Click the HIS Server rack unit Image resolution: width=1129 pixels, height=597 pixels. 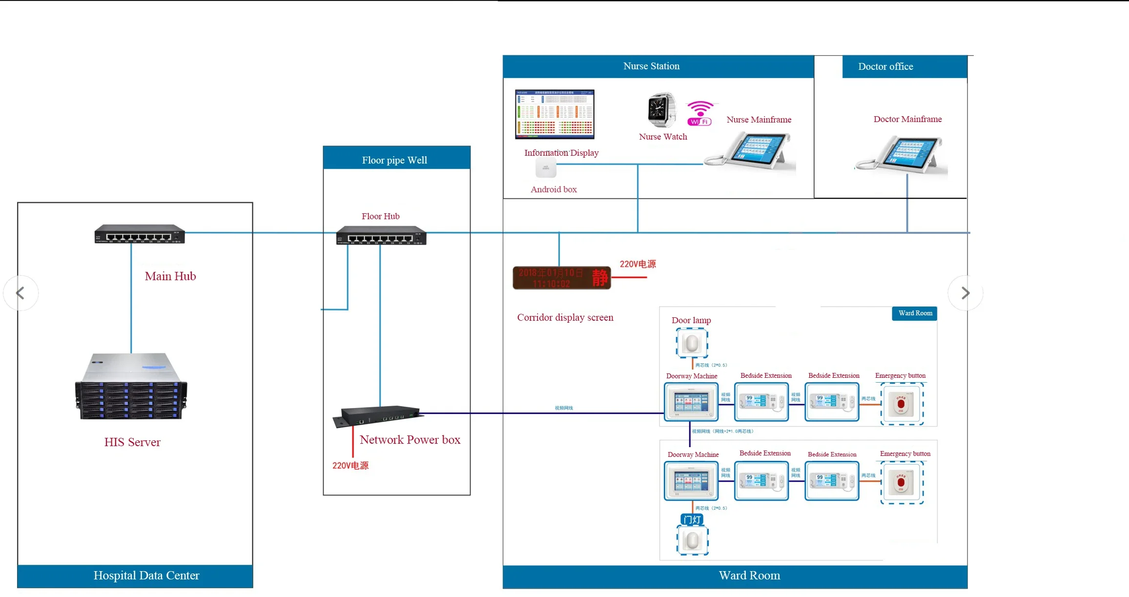(131, 387)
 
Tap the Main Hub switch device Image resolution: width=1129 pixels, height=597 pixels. (140, 234)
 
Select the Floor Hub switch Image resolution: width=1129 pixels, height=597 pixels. (381, 235)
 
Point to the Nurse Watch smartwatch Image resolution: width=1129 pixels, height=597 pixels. (661, 110)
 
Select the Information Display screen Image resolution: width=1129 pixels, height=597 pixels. (555, 114)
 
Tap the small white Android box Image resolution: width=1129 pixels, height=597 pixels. (546, 168)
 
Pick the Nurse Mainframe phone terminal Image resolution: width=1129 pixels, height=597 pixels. (752, 151)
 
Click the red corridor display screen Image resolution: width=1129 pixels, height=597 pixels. (561, 278)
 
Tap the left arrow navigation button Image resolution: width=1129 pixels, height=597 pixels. (21, 293)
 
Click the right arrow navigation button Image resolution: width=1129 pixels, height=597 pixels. (965, 293)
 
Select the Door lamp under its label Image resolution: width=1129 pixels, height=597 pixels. (692, 343)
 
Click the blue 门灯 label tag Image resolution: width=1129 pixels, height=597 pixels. (692, 519)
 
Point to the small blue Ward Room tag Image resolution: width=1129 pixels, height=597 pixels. (915, 313)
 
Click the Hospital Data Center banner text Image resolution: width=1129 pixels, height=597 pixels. (146, 576)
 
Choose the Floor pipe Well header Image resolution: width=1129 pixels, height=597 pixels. (394, 160)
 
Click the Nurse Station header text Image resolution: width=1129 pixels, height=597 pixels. (651, 66)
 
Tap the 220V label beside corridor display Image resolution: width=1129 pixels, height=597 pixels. (637, 264)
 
